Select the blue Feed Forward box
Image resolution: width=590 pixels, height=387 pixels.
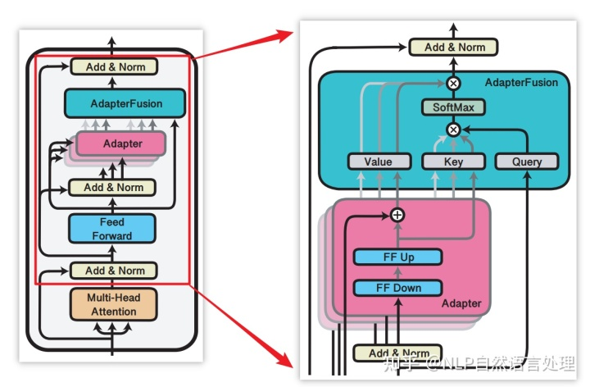tap(111, 229)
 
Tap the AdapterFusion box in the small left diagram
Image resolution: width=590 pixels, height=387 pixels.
tap(125, 103)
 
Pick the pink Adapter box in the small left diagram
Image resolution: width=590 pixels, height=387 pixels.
tap(121, 143)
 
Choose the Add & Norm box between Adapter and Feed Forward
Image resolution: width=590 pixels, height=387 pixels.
tap(113, 187)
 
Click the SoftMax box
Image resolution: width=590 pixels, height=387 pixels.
tap(453, 107)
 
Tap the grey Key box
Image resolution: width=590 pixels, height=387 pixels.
tap(453, 162)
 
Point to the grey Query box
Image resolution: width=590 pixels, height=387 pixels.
tap(527, 162)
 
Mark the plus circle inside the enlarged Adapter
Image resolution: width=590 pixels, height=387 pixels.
tap(397, 215)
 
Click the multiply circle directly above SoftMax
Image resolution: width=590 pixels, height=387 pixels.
tap(453, 83)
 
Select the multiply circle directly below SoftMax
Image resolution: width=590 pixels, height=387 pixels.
tap(453, 130)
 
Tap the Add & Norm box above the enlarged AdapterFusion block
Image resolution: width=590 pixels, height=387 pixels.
tap(454, 47)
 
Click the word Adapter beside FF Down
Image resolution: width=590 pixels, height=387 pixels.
tap(462, 304)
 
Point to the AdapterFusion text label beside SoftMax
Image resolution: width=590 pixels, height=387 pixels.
tap(521, 83)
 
